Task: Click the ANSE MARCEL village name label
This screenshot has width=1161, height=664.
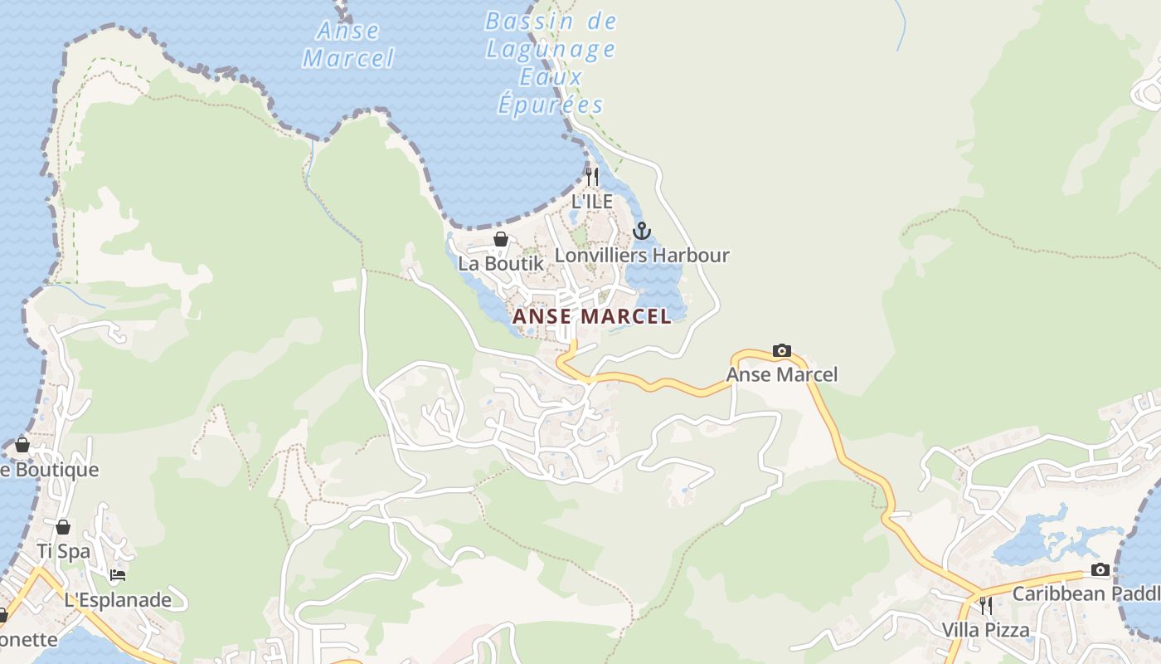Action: [592, 316]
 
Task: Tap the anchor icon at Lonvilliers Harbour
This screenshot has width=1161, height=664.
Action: [642, 231]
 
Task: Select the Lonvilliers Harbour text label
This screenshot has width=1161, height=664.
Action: [642, 255]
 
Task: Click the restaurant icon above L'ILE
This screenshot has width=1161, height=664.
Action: [591, 177]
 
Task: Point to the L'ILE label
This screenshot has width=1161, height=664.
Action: [592, 202]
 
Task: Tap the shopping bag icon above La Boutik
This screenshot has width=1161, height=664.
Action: [501, 240]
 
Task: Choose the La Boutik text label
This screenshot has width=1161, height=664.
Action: [501, 263]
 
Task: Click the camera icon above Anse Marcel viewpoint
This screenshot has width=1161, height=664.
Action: [781, 351]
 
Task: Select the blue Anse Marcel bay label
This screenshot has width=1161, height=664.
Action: [348, 45]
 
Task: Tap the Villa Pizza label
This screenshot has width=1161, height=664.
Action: [985, 630]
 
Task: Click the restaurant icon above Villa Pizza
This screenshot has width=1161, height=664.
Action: [985, 605]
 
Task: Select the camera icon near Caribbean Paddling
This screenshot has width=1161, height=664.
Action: [1100, 569]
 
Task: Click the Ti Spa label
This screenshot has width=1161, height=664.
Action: [63, 551]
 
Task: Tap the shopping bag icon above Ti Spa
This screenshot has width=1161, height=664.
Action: [63, 527]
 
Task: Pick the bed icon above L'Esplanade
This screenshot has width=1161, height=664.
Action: [118, 575]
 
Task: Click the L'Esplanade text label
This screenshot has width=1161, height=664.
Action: [118, 600]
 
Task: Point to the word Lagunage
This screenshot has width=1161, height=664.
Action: [551, 50]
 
